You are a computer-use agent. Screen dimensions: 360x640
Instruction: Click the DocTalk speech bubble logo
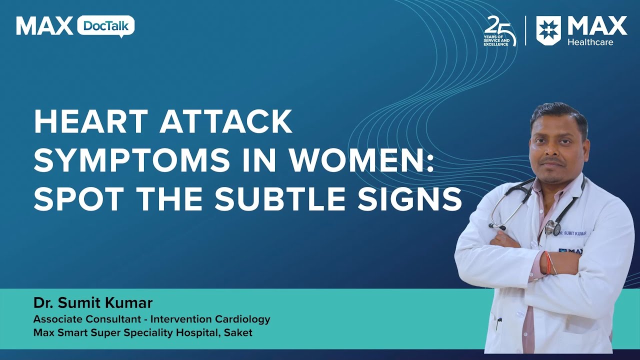(105, 26)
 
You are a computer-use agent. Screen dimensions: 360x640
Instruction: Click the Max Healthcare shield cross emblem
(548, 30)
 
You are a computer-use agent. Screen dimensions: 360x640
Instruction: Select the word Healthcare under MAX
(590, 42)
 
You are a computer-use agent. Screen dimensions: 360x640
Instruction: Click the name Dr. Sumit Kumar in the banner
(93, 303)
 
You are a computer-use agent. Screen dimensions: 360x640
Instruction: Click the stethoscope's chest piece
(552, 228)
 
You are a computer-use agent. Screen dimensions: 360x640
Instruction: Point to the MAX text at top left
(44, 26)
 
